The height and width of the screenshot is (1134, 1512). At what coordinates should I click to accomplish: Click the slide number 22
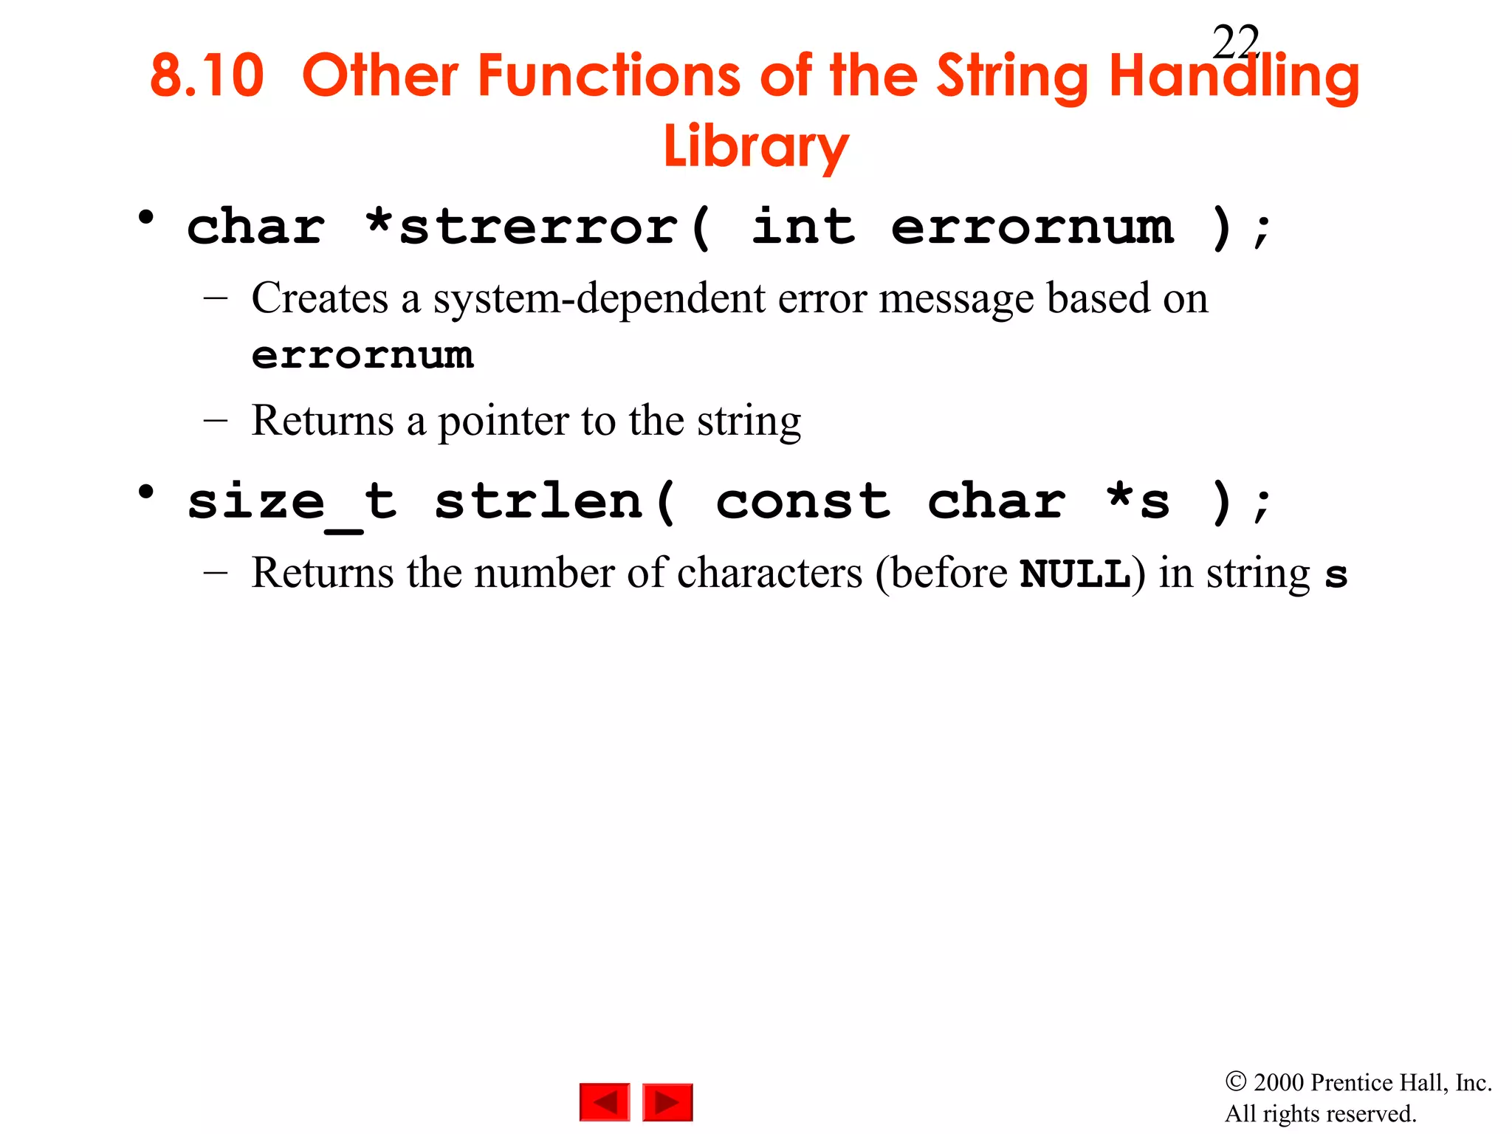coord(1235,43)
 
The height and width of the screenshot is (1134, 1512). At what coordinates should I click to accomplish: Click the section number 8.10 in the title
coord(207,75)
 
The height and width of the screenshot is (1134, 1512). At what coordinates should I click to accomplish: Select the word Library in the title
coord(756,146)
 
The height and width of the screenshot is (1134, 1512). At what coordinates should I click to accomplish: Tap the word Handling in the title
coord(1234,77)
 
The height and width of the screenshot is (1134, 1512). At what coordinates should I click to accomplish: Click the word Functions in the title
coord(521,75)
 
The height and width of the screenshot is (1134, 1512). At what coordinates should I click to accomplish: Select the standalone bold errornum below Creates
coord(362,356)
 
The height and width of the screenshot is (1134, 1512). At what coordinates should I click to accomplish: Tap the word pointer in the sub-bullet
coord(504,421)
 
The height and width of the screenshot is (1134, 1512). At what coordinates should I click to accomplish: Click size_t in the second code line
coord(292,502)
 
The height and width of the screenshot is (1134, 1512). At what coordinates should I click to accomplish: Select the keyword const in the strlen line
coord(803,502)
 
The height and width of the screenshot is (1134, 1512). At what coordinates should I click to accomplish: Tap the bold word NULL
coord(1075,574)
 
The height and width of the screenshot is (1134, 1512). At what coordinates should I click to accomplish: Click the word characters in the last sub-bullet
coord(769,574)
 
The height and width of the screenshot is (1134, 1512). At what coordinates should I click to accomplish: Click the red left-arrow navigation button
coord(605,1102)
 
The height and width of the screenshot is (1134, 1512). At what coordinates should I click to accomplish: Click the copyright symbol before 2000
coord(1236,1082)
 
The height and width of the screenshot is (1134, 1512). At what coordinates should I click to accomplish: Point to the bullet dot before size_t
coord(146,492)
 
